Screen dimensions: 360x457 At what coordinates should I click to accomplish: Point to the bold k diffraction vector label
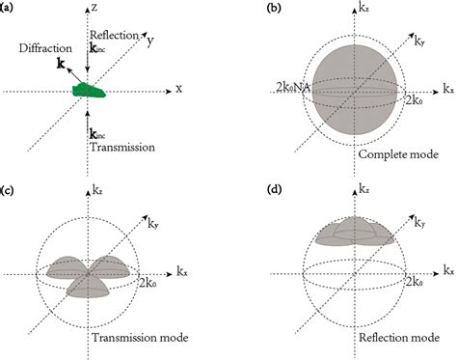pyautogui.click(x=61, y=63)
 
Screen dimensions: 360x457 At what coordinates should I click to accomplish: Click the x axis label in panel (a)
pyautogui.click(x=180, y=89)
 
